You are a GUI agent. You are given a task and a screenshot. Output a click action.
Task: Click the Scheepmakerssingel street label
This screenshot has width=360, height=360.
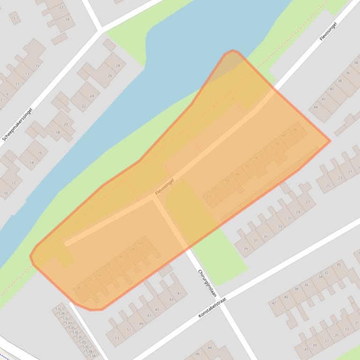click(x=18, y=123)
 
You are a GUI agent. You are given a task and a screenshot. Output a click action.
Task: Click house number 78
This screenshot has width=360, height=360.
click(x=79, y=288)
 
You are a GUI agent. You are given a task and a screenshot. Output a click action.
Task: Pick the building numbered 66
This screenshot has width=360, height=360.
click(x=141, y=244)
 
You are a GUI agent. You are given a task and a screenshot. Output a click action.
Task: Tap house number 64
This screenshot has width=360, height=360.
click(x=209, y=196)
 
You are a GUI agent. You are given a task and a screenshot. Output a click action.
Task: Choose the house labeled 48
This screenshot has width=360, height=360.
click(x=283, y=136)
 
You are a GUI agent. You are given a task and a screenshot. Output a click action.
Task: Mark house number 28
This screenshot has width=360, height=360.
click(x=118, y=66)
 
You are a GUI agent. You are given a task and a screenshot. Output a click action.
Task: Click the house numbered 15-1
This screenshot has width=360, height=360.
click(x=14, y=18)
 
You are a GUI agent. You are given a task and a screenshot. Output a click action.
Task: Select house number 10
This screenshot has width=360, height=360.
click(x=6, y=193)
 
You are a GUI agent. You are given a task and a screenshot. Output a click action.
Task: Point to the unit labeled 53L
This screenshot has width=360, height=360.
click(x=58, y=309)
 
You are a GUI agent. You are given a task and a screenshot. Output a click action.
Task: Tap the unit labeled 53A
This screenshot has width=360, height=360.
click(x=93, y=356)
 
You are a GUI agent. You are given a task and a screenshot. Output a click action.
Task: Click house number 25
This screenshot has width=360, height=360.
click(x=328, y=186)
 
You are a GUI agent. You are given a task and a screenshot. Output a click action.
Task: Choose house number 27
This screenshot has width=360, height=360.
click(x=308, y=202)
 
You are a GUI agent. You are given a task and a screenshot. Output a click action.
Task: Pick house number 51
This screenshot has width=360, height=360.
click(x=129, y=330)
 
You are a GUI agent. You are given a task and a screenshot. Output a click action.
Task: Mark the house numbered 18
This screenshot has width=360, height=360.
click(x=58, y=133)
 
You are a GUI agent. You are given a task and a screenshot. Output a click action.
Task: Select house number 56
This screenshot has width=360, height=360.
click(x=247, y=166)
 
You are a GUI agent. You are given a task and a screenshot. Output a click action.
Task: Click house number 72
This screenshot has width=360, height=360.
click(x=109, y=266)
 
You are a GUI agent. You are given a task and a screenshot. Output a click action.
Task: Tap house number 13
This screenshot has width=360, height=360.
click(x=27, y=74)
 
